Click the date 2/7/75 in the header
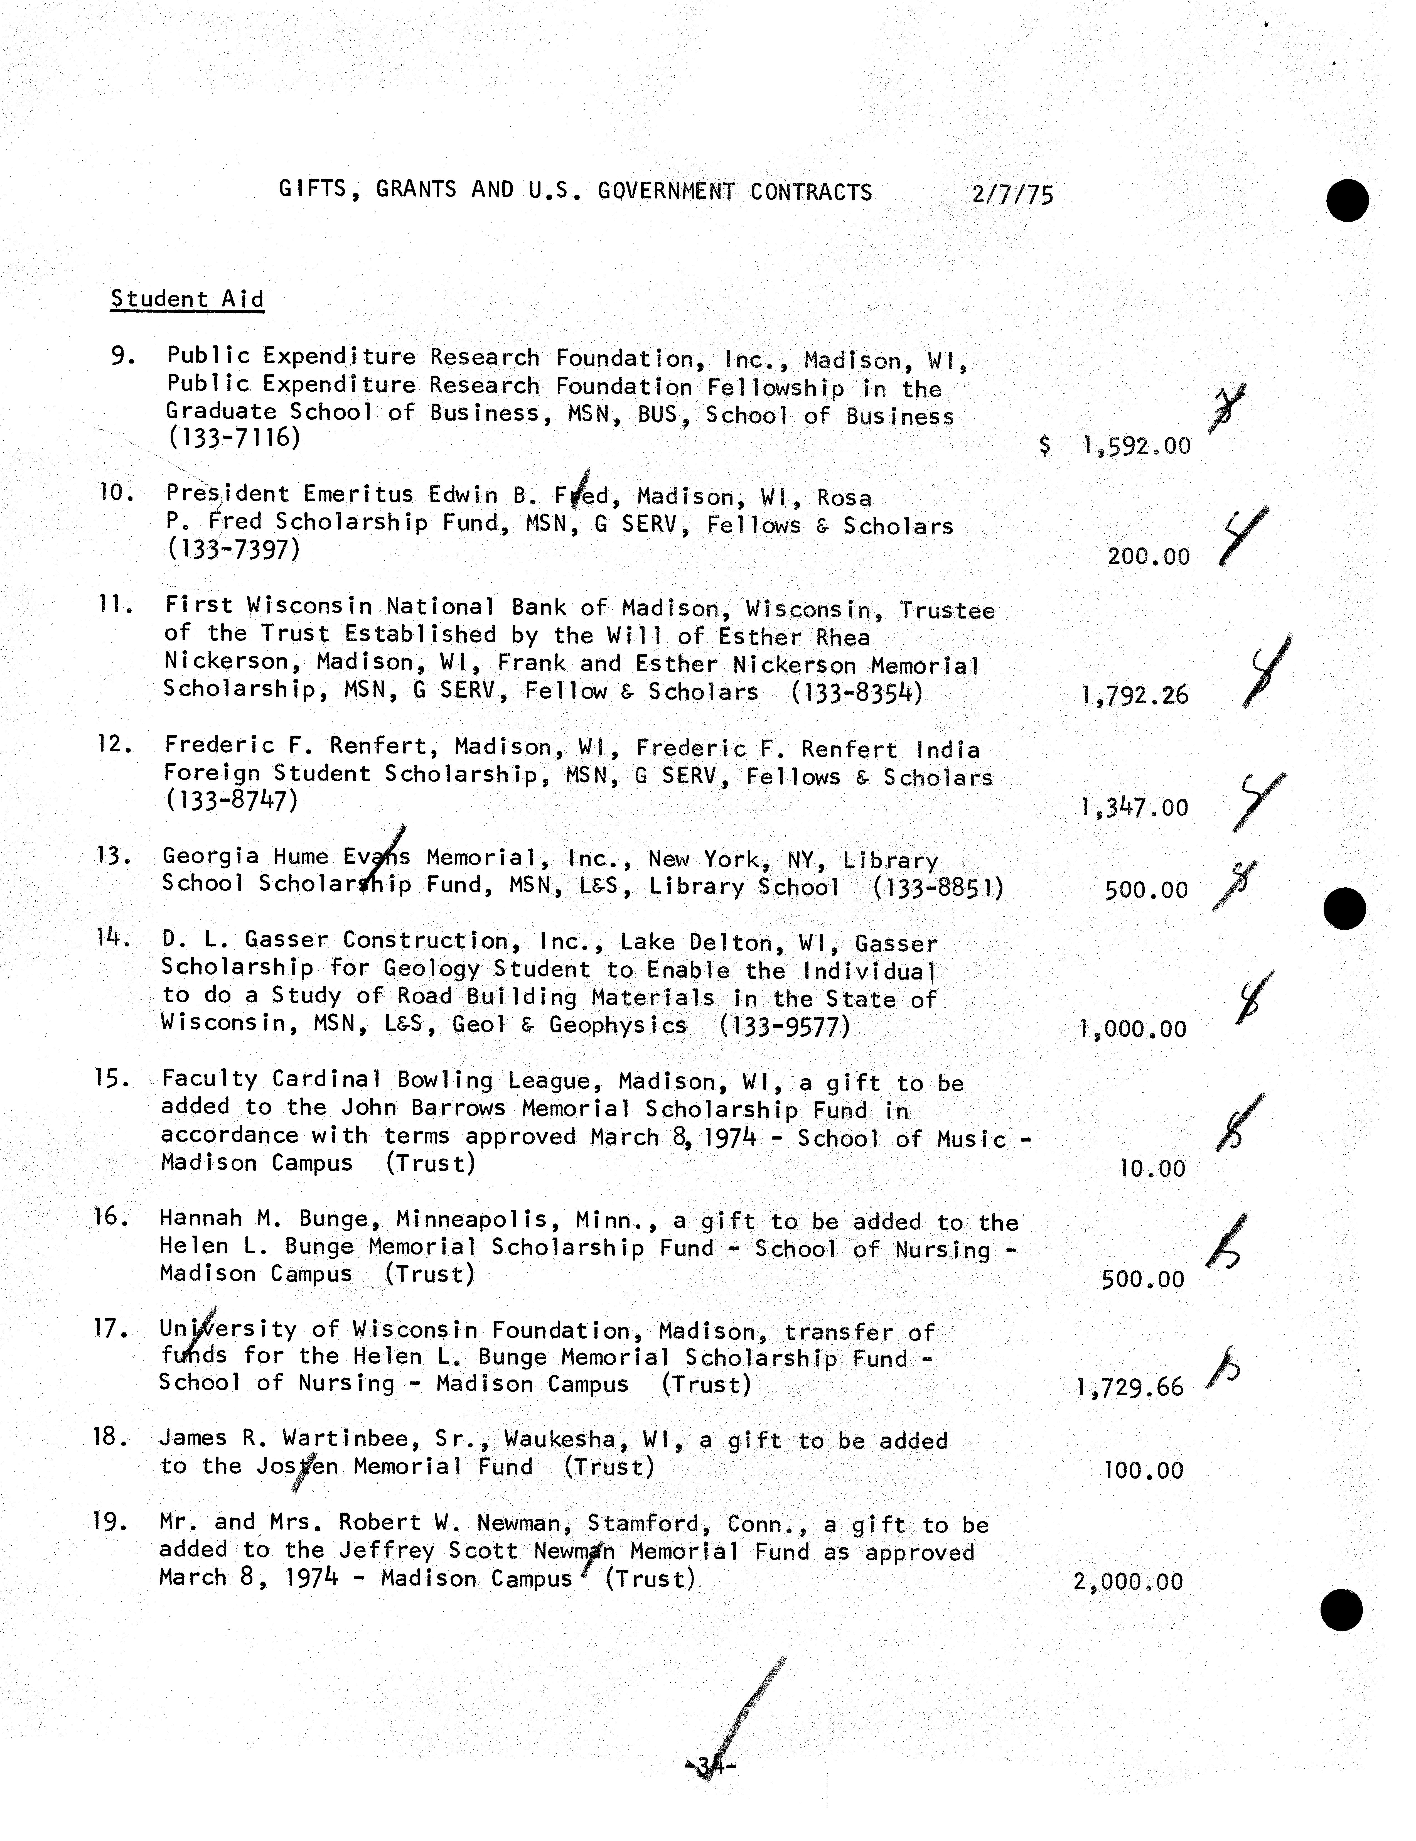(1012, 195)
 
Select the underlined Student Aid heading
(187, 299)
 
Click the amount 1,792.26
(1134, 695)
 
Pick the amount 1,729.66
(1130, 1388)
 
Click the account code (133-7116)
(233, 438)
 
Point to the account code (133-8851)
(938, 888)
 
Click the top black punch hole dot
(1347, 201)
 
